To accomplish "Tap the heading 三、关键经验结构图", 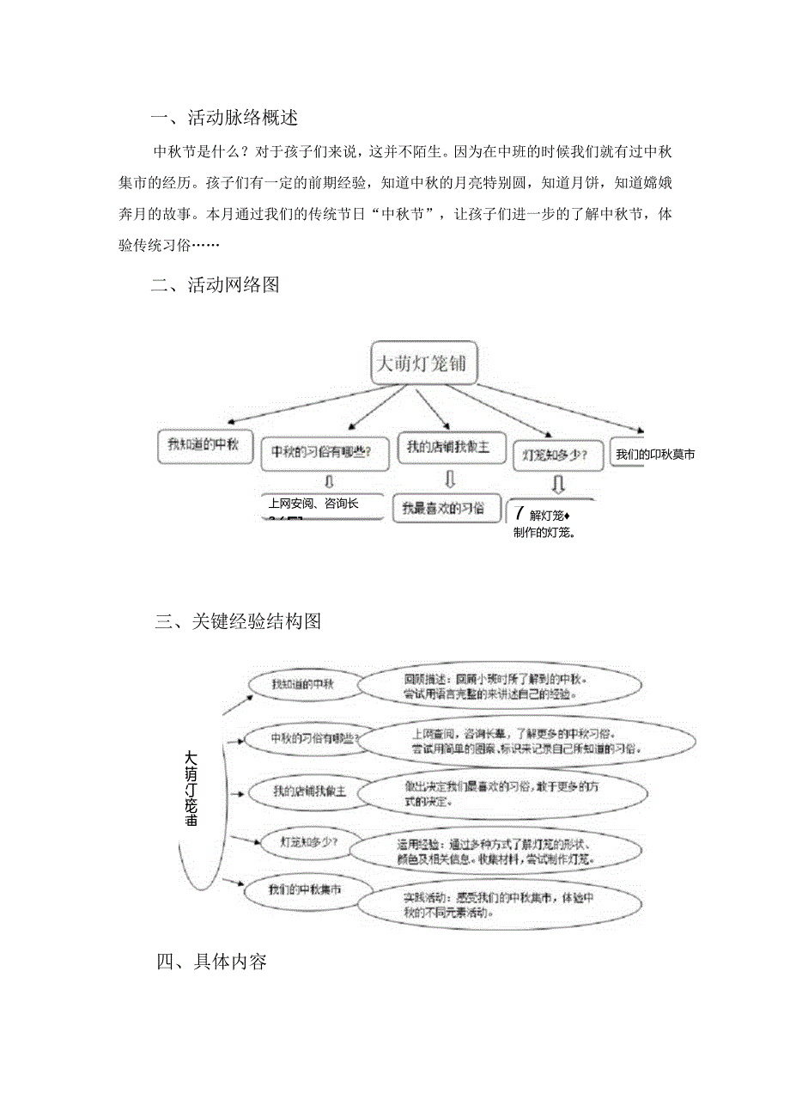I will tap(238, 621).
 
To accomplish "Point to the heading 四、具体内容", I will tap(211, 962).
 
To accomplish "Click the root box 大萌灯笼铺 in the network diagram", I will tap(423, 364).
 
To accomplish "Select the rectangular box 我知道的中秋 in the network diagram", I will tap(204, 445).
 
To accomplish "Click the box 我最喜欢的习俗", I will tap(449, 508).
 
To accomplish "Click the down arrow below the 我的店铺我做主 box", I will tap(450, 478).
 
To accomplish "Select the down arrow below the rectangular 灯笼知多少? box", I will tap(557, 486).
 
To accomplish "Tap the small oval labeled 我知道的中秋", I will tap(302, 683).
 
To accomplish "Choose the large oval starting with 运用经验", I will tap(495, 850).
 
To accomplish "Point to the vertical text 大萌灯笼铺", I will tap(191, 788).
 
